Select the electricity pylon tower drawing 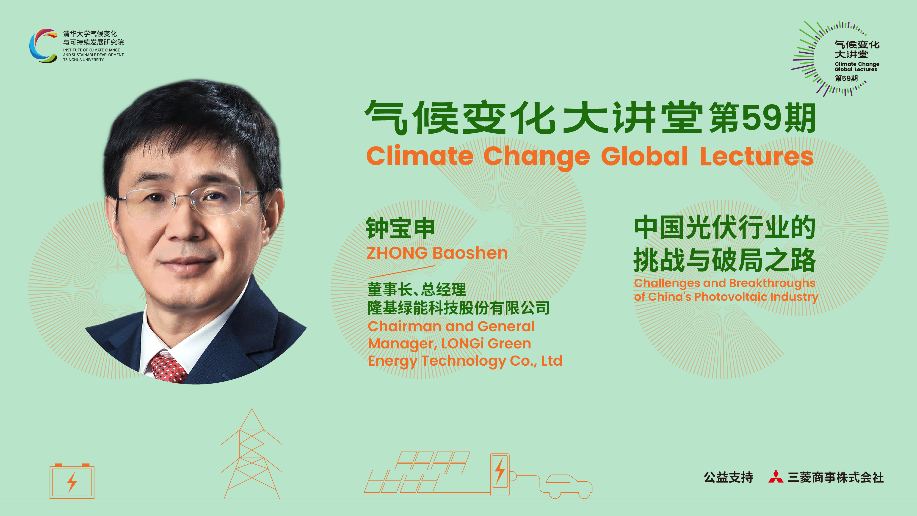point(252,454)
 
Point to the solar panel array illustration point(417,472)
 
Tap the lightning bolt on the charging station point(500,470)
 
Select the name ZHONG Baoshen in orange point(437,253)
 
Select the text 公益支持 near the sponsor point(728,477)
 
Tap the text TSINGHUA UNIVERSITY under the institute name point(83,60)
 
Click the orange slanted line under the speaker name point(402,271)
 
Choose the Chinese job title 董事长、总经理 point(417,289)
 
